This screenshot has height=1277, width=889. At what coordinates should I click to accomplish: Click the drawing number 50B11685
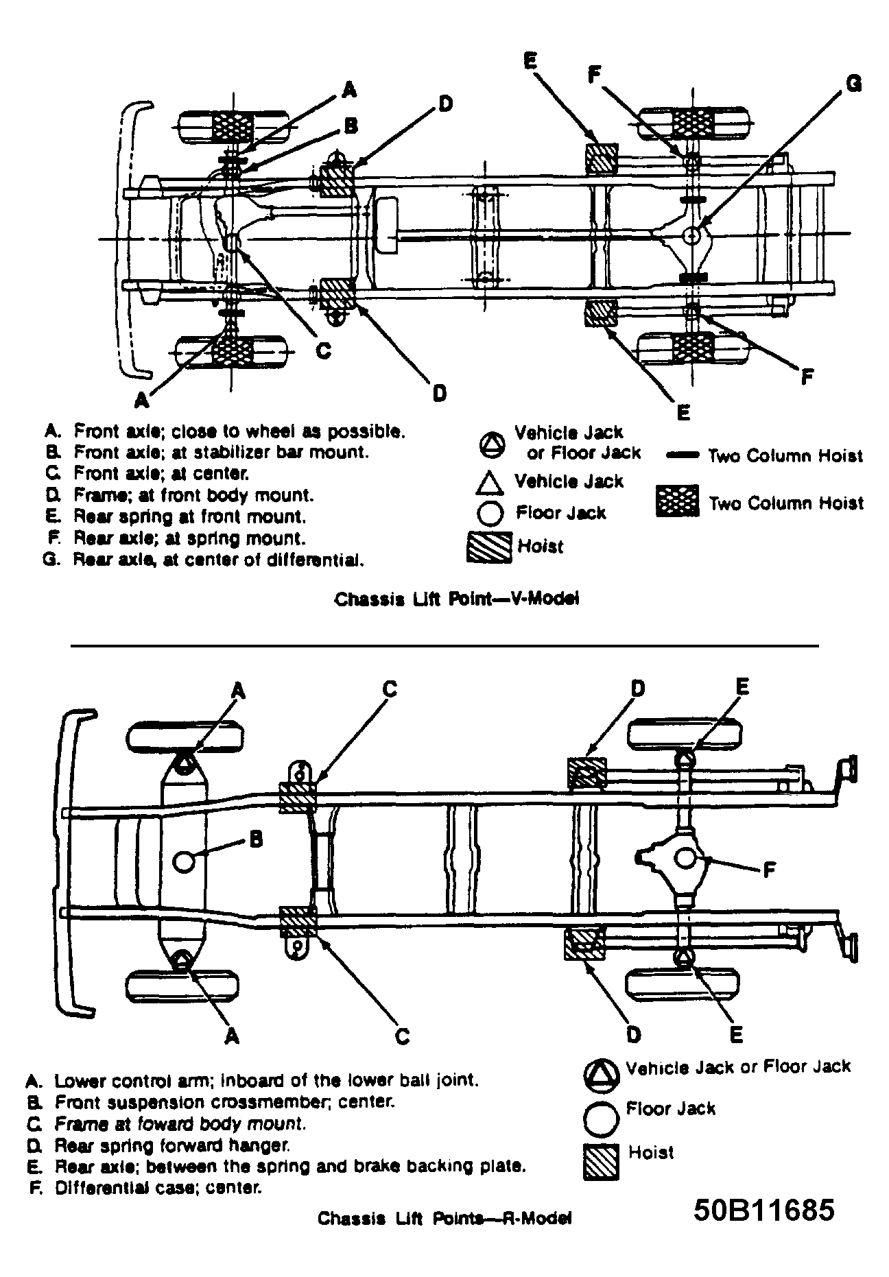(764, 1209)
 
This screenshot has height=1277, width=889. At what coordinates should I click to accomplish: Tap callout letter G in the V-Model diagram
(852, 84)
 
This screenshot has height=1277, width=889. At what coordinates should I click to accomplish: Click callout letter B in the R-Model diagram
(254, 839)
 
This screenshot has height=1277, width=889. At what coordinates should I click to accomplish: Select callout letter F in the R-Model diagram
(769, 870)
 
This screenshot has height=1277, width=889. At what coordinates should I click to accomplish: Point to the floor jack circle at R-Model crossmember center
(184, 861)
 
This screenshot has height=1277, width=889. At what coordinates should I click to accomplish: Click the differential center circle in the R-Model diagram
(687, 858)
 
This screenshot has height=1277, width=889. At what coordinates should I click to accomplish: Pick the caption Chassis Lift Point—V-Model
(457, 599)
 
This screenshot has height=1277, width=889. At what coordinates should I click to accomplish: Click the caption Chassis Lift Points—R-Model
(444, 1218)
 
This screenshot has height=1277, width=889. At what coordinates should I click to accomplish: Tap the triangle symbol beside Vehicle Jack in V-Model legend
(490, 483)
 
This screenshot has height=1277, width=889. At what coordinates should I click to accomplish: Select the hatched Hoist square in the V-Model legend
(489, 547)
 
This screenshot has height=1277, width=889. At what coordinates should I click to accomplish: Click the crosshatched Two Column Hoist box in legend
(677, 501)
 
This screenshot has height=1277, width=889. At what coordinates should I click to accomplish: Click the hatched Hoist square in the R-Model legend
(602, 1162)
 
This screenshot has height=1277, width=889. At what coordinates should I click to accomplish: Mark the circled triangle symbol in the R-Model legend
(602, 1074)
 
